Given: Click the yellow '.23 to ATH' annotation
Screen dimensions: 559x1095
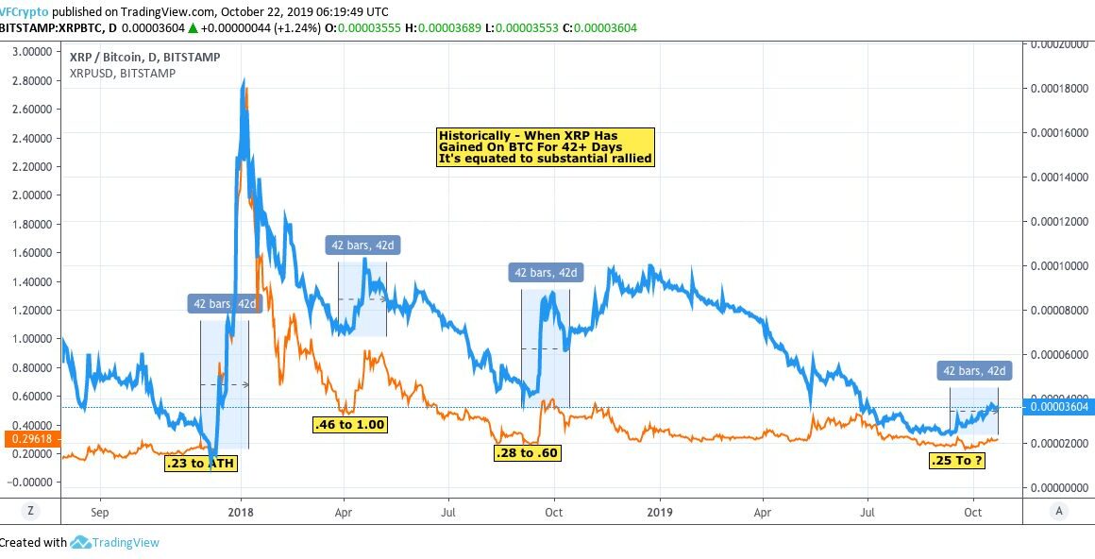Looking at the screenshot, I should click(200, 464).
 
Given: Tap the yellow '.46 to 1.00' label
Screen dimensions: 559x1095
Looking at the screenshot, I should click(349, 425).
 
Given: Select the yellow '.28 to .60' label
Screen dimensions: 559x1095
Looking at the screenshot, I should click(528, 453).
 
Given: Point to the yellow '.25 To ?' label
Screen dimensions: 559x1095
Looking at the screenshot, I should click(956, 461).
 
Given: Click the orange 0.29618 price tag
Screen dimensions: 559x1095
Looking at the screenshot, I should click(29, 438).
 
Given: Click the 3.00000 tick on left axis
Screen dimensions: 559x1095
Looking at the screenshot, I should click(31, 52).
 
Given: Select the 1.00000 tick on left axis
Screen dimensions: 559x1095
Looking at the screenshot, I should click(31, 338).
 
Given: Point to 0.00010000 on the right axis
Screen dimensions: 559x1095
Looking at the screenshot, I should click(1061, 266).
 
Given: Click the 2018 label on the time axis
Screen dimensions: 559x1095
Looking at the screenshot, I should click(241, 511).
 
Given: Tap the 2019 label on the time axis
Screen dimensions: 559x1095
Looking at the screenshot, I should click(659, 511).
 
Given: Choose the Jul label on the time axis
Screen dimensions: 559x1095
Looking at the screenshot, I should click(449, 511).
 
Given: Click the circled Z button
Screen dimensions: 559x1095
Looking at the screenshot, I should click(30, 511).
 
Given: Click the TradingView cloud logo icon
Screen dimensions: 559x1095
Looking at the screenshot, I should click(80, 543).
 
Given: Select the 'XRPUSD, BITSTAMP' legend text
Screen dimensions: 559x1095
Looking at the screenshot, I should click(123, 74).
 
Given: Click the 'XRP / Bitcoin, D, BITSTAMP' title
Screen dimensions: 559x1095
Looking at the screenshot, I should click(145, 58).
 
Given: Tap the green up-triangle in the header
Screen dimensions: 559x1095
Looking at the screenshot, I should click(193, 28).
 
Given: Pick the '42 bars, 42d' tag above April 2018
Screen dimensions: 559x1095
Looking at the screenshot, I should click(362, 246).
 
